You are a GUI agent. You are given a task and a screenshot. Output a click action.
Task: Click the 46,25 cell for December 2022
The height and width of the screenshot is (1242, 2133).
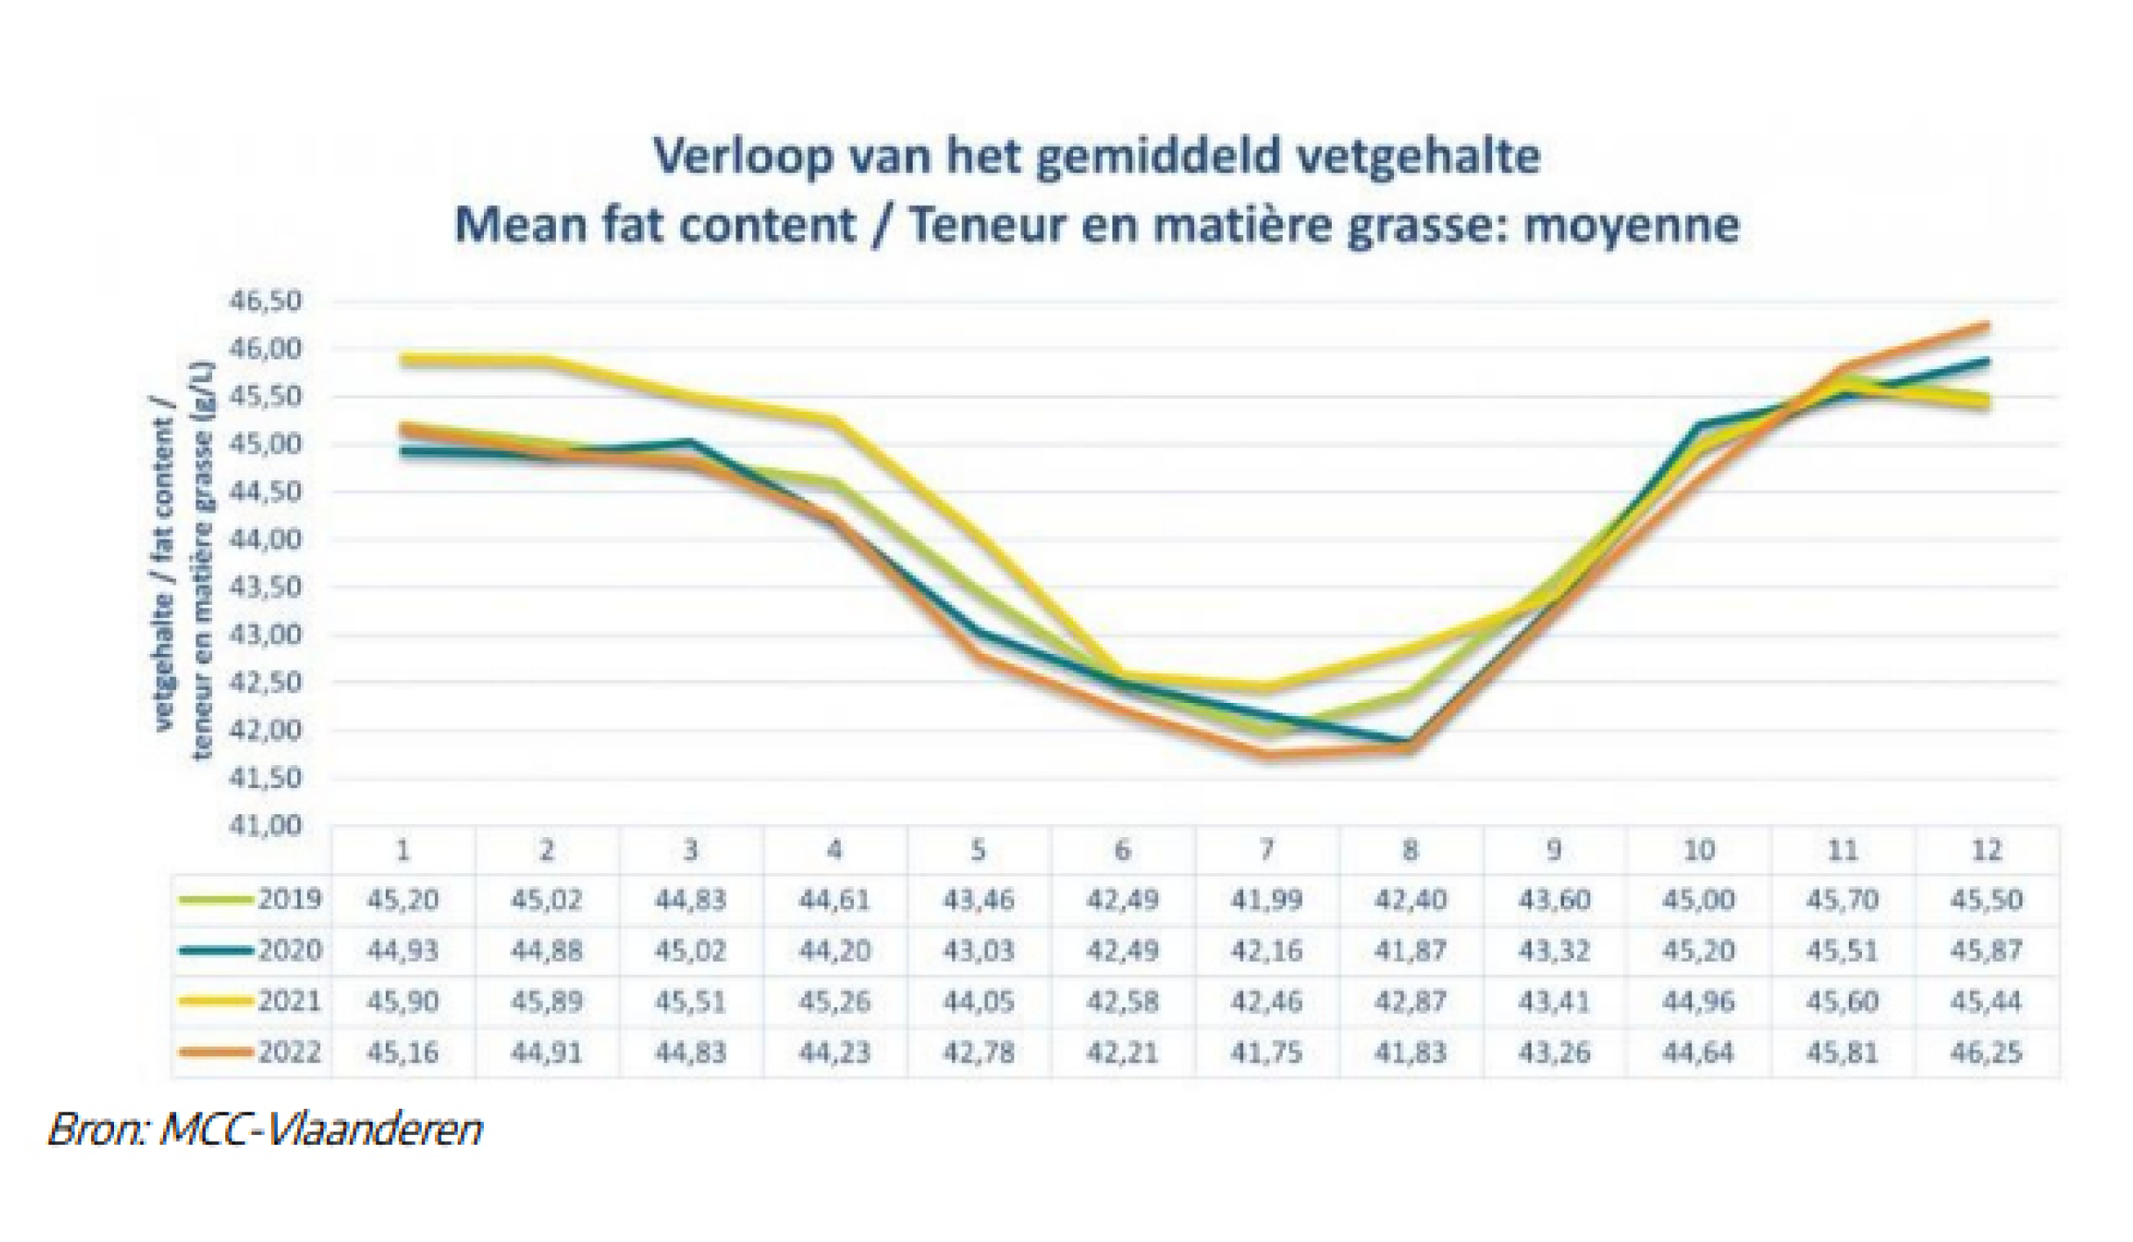tap(1986, 1052)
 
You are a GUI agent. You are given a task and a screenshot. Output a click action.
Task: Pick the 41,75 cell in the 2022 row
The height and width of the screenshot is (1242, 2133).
tap(1265, 1052)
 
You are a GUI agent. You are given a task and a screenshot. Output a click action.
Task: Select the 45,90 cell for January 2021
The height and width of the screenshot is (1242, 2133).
tap(403, 1001)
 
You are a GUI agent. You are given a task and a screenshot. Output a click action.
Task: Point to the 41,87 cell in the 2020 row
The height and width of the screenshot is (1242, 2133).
tap(1409, 951)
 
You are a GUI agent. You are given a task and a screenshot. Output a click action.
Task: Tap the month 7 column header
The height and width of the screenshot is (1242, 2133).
tap(1266, 850)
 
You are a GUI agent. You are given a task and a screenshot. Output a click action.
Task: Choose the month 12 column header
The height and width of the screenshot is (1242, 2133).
tap(1987, 850)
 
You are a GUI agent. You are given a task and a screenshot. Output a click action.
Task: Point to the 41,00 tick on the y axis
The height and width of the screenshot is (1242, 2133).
tap(265, 826)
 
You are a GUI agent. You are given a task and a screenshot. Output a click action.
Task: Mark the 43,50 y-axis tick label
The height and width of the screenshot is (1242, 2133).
tap(265, 588)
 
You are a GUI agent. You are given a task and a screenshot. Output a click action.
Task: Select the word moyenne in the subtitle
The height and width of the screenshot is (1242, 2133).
tap(1632, 226)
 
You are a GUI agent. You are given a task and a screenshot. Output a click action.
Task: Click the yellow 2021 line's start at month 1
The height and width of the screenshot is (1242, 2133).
tap(403, 359)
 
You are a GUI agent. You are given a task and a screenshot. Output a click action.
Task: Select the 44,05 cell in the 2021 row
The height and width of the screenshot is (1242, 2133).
tap(978, 1001)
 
